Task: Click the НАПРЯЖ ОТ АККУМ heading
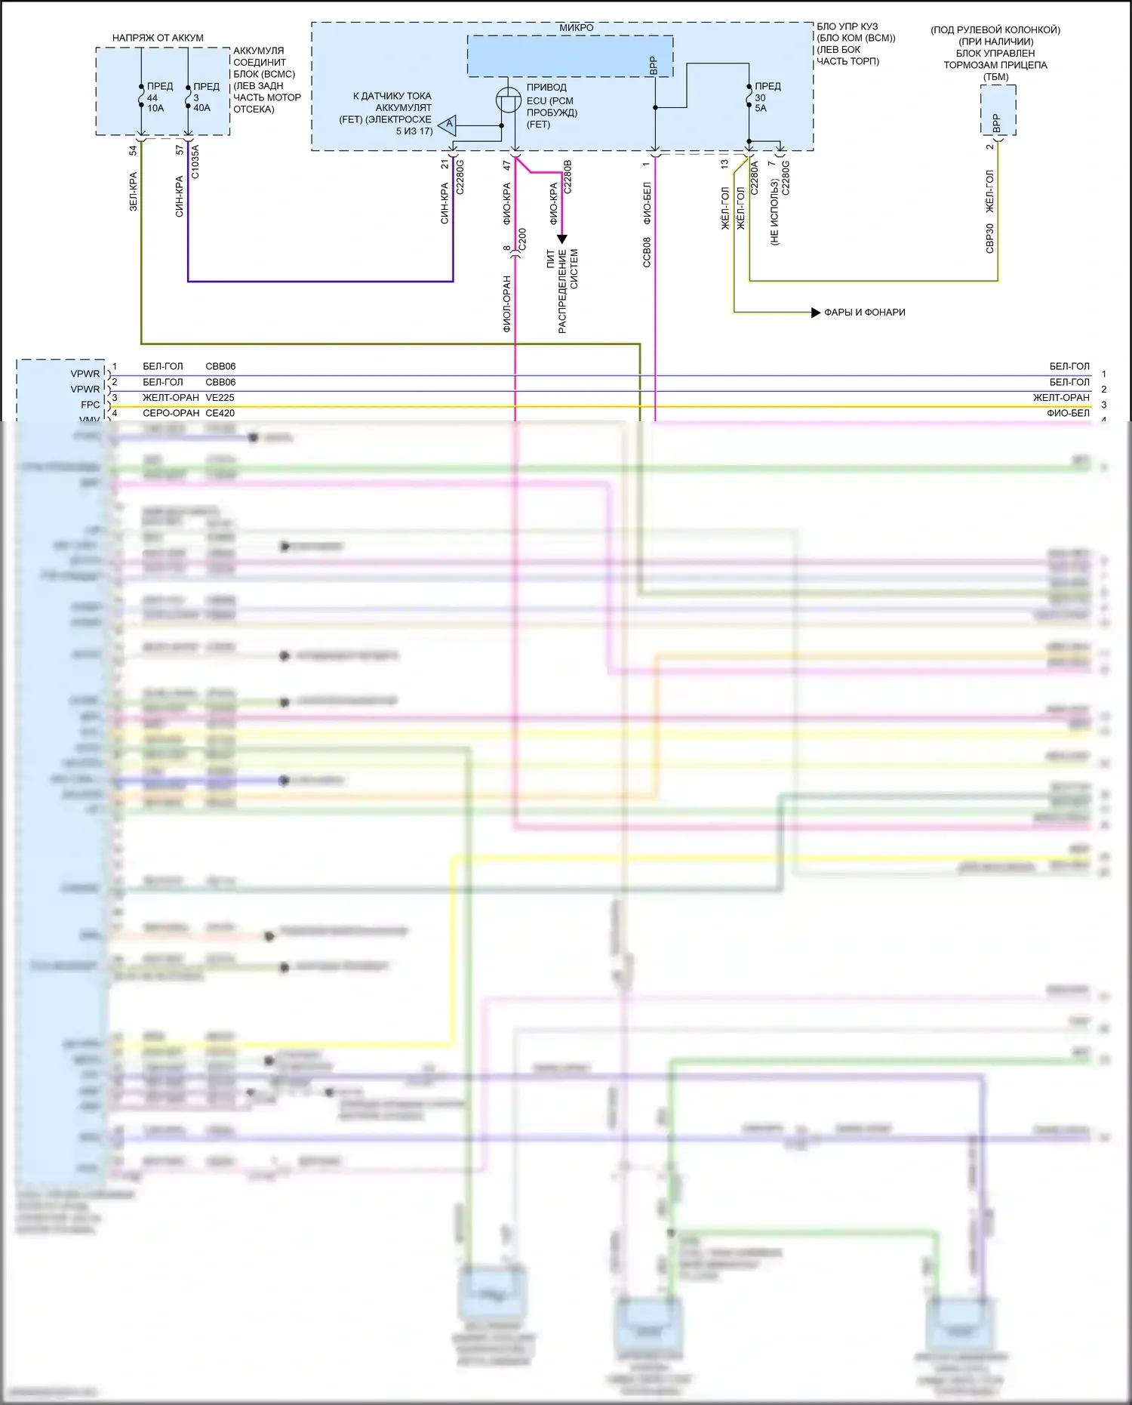click(x=158, y=38)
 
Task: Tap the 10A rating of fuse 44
click(x=155, y=109)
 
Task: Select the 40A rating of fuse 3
click(x=201, y=109)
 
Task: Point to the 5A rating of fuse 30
click(x=761, y=109)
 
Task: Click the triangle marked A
click(x=448, y=125)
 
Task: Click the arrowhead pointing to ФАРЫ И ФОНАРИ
click(x=815, y=313)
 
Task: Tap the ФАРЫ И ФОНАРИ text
click(x=865, y=313)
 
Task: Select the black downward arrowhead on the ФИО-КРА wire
click(x=561, y=239)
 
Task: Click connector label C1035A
click(x=195, y=162)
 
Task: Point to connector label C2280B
click(x=568, y=177)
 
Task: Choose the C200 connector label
click(x=522, y=239)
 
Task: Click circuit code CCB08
click(x=647, y=252)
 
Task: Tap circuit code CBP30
click(x=990, y=239)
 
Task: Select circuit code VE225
click(x=220, y=398)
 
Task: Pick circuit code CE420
click(x=220, y=414)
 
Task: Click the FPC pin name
click(x=91, y=405)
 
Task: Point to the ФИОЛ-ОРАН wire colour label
click(x=507, y=303)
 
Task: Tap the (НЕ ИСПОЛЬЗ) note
click(x=774, y=211)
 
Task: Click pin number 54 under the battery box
click(x=134, y=150)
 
